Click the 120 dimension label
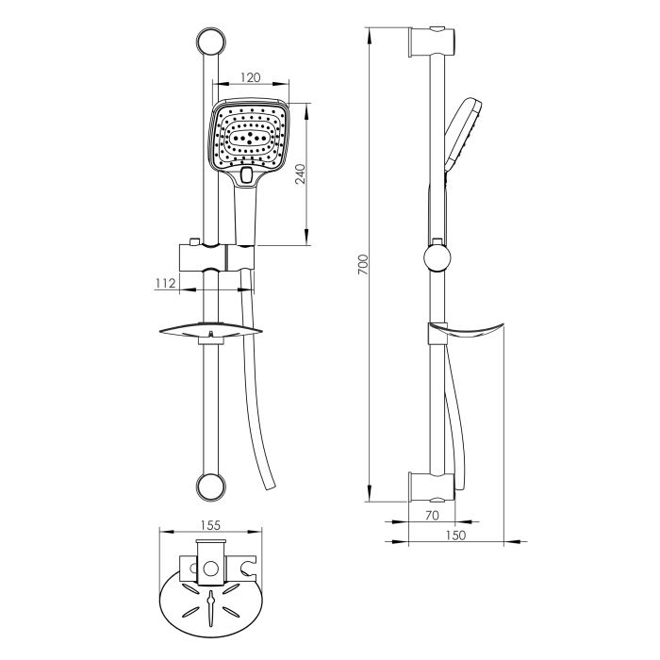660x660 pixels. pos(251,77)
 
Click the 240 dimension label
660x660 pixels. pos(301,173)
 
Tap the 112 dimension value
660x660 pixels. pos(165,283)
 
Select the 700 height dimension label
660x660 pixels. pos(363,265)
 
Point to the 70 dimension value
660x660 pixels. pos(432,515)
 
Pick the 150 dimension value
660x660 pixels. pos(455,535)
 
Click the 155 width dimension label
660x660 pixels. pos(210,525)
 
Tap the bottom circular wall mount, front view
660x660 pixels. pos(211,487)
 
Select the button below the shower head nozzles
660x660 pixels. pos(246,175)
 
